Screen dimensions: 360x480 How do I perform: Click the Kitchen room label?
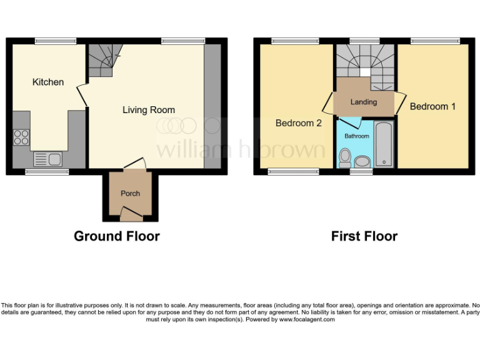(48, 82)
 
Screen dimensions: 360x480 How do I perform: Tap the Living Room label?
(148, 110)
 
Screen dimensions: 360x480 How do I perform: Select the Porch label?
(130, 193)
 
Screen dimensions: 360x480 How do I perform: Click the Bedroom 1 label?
(432, 106)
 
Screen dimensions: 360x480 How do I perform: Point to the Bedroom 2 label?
(298, 123)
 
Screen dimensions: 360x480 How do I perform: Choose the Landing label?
(363, 102)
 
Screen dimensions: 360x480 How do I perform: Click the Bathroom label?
(356, 136)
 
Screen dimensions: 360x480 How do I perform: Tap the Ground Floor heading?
(116, 236)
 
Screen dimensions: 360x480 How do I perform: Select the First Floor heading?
(364, 236)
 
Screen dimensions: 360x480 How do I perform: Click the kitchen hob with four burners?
(21, 136)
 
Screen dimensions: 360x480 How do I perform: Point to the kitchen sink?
(47, 159)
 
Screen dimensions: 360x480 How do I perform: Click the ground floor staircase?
(103, 61)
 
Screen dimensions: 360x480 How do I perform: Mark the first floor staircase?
(365, 62)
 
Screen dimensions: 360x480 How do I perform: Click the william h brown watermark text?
(240, 150)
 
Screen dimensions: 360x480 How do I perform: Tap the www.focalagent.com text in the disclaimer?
(306, 319)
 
